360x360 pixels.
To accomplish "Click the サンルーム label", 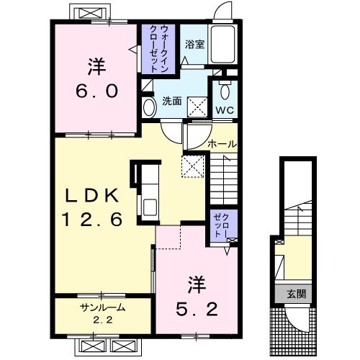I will [102, 307].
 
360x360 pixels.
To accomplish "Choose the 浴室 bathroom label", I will [194, 44].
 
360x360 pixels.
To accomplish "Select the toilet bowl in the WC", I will [224, 91].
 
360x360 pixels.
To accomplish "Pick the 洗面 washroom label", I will [170, 101].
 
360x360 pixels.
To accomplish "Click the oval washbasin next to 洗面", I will [149, 108].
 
